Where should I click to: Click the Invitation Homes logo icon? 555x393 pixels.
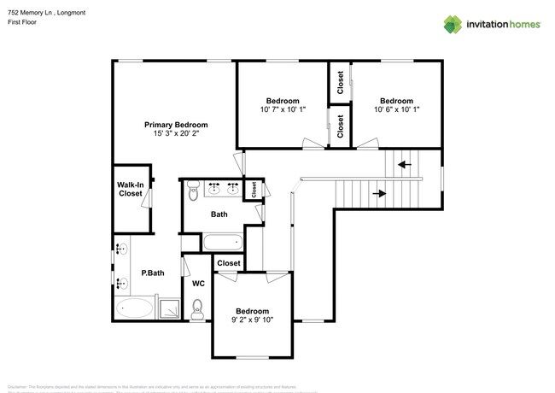click(x=452, y=24)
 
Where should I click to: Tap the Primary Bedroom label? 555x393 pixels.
click(x=176, y=125)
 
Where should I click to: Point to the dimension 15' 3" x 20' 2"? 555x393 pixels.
click(x=176, y=134)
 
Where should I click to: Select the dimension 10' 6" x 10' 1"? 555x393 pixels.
click(x=396, y=109)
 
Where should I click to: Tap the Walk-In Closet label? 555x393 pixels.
click(x=131, y=189)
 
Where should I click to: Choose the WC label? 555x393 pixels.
click(x=197, y=283)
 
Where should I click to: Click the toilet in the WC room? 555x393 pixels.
click(x=197, y=309)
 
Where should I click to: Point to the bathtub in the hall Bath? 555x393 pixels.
click(x=224, y=243)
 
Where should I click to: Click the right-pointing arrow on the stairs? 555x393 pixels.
click(x=379, y=194)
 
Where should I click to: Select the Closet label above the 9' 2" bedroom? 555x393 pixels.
click(x=228, y=264)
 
